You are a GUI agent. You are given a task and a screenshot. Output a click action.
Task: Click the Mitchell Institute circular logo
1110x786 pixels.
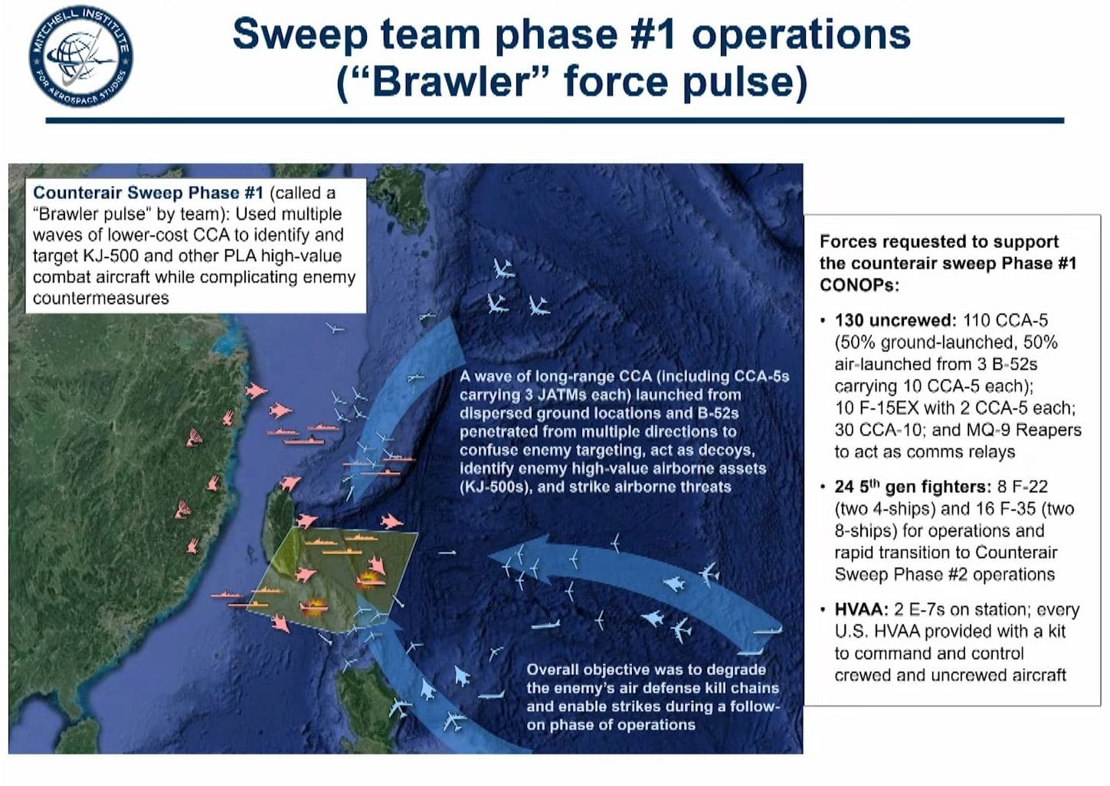[x=80, y=56]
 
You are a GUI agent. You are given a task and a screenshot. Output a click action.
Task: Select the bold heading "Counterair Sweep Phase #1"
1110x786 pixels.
[x=148, y=192]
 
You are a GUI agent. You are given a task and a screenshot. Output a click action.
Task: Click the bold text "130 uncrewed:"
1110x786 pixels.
[x=896, y=320]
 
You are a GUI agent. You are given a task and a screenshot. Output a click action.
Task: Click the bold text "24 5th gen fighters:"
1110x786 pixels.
[x=912, y=487]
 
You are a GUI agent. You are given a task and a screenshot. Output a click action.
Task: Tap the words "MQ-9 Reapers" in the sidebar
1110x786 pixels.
[x=1023, y=429]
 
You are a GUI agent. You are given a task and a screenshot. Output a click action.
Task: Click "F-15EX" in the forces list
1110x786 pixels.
[x=885, y=408]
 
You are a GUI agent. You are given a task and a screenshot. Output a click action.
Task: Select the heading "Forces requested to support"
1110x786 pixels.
[x=939, y=242]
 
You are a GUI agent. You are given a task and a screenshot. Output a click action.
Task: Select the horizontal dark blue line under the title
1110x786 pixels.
[x=555, y=120]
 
